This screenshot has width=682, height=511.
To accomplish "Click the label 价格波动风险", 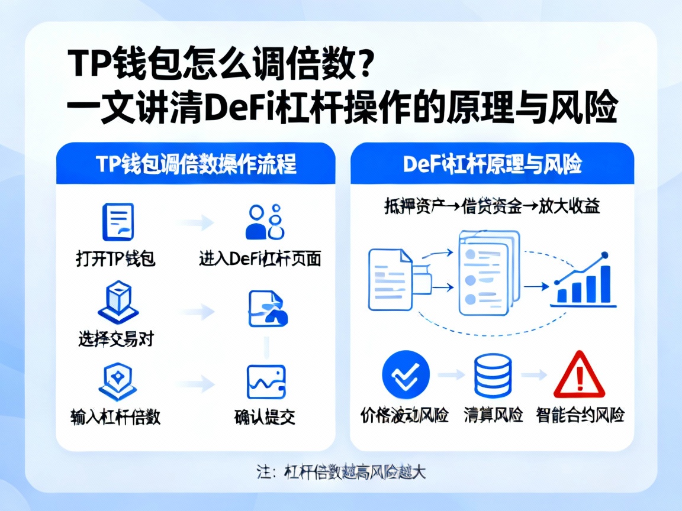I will [404, 415].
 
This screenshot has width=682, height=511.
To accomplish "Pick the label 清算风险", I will [493, 415].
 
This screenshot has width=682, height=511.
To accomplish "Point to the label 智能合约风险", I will [580, 415].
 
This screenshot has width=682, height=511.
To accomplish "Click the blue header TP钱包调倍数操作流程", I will [195, 164].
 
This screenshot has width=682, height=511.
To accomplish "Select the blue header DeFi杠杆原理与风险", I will [492, 164].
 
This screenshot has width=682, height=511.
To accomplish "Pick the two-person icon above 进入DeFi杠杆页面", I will [264, 222].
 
